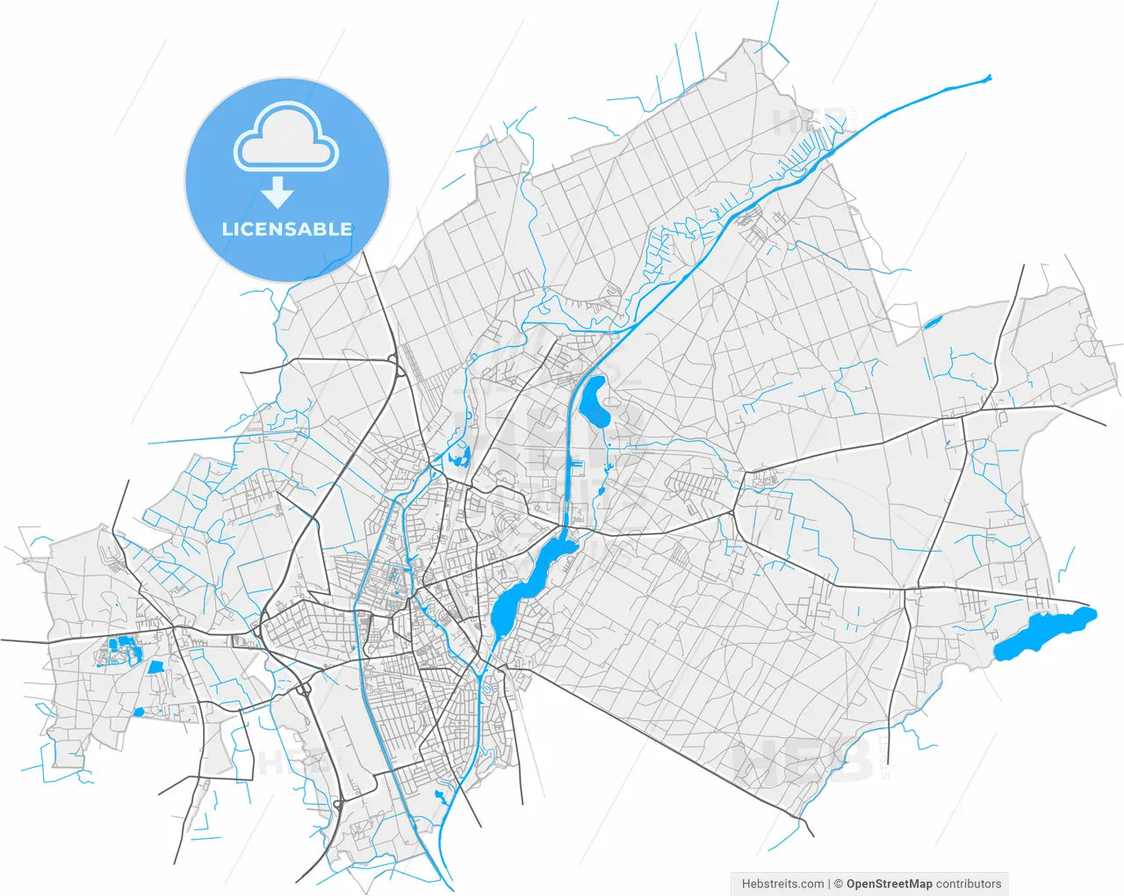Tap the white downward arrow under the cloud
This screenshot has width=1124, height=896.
277,191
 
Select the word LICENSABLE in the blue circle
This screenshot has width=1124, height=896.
287,229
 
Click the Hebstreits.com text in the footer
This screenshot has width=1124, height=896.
782,884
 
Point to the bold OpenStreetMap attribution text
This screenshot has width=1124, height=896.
889,884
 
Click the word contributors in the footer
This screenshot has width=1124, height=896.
969,884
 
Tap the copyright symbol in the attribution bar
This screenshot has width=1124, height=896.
839,884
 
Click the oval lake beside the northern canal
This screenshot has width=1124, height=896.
596,401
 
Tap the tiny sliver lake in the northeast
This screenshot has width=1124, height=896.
932,322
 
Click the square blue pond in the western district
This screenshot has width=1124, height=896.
155,668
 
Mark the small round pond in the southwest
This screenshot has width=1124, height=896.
139,712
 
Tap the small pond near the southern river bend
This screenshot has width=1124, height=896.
440,797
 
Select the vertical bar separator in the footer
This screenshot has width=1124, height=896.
830,884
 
